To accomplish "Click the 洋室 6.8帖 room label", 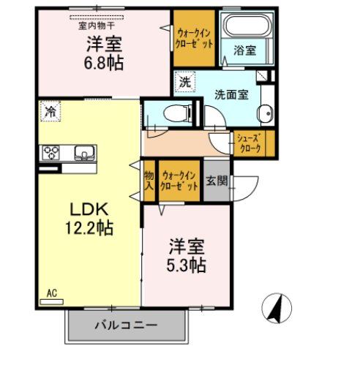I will tap(105, 53).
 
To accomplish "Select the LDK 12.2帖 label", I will tap(89, 219).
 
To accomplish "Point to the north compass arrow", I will tap(277, 308).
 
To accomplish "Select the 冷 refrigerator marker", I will tap(50, 112).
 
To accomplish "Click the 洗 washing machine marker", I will tap(184, 82).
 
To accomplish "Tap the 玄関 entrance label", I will tap(216, 180).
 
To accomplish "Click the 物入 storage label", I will tap(149, 181).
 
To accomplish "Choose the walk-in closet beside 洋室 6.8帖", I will tap(195, 38).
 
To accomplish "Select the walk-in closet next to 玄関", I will tap(180, 181).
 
